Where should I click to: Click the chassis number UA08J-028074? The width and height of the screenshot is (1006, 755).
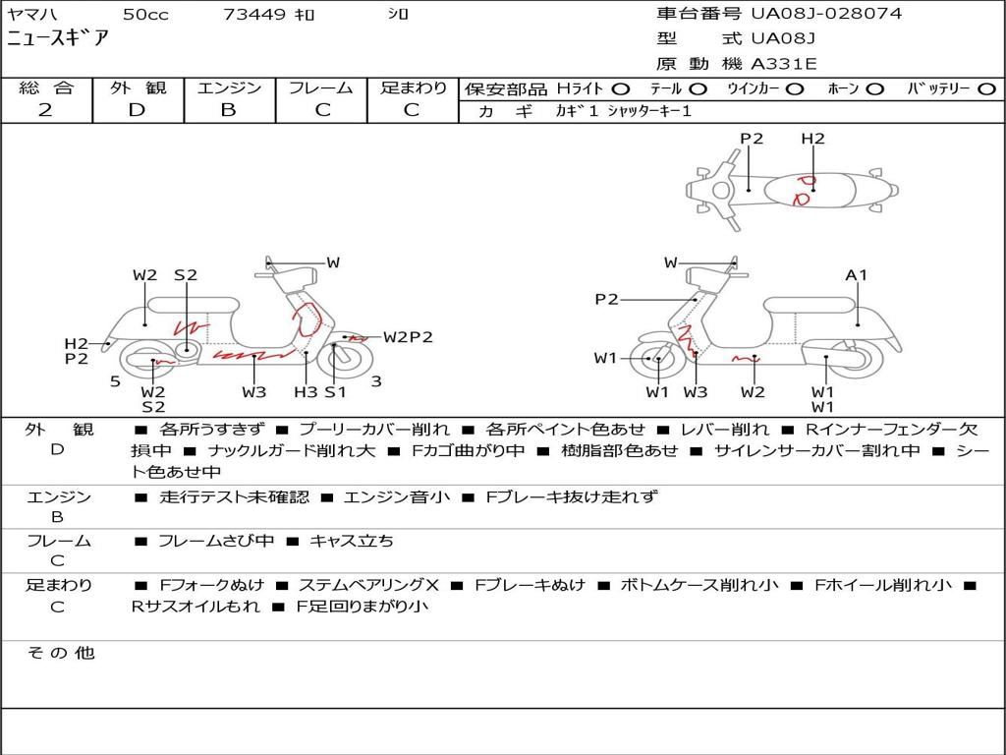[x=826, y=14]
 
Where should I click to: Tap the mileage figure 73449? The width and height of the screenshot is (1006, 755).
[x=254, y=14]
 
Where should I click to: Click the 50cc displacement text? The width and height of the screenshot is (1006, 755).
[x=145, y=14]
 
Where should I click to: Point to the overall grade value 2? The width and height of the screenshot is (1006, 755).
[x=45, y=110]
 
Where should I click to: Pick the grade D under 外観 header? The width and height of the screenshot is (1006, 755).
[x=138, y=110]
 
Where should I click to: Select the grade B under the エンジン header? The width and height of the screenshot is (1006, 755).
[x=228, y=110]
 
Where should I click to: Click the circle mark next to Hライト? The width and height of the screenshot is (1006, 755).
[x=621, y=89]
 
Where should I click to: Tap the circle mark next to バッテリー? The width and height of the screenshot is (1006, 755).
[x=986, y=89]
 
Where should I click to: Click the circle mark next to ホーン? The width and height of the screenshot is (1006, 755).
[x=875, y=89]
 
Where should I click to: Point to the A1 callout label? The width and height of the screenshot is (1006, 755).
[x=856, y=275]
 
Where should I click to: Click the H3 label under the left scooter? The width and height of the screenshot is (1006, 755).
[x=307, y=391]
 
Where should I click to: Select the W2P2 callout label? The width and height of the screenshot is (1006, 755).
[x=408, y=337]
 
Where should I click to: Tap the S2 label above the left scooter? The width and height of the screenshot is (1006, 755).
[x=186, y=275]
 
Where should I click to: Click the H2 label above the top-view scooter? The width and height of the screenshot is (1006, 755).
[x=812, y=139]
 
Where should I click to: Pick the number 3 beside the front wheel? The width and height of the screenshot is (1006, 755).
[x=376, y=381]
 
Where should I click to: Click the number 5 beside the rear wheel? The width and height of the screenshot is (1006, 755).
[x=115, y=381]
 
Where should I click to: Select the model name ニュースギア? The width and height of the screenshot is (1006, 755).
[x=57, y=38]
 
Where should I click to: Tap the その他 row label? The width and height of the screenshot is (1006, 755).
[x=61, y=653]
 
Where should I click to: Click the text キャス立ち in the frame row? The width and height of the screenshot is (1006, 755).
[x=351, y=542]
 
